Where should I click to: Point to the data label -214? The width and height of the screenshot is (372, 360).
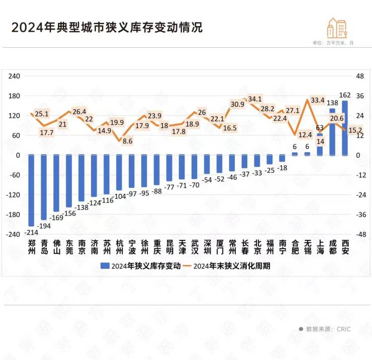point(31,233)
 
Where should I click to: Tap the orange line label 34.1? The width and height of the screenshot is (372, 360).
point(255,99)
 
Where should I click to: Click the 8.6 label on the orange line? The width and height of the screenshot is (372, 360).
point(128,141)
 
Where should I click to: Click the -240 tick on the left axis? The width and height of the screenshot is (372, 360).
point(13,234)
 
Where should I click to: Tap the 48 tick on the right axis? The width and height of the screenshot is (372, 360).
point(359,76)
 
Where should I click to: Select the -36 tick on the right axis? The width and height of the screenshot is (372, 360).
point(361,215)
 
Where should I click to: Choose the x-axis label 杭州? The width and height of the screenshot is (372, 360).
point(119,247)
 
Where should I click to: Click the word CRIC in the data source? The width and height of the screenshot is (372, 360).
point(344,329)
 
